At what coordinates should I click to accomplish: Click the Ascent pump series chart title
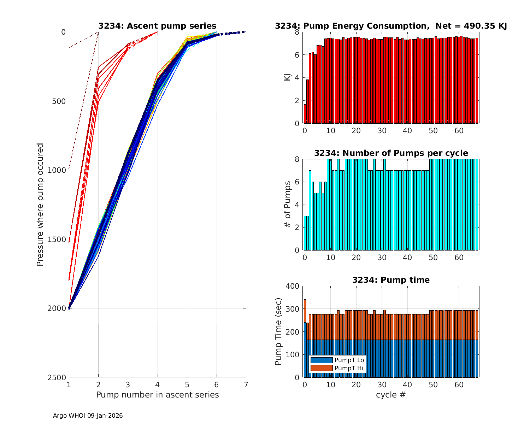157,26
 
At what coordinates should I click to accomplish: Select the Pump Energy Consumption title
391,26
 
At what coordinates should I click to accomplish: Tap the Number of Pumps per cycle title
391,153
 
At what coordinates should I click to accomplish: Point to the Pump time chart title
391,280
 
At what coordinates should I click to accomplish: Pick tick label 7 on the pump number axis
246,384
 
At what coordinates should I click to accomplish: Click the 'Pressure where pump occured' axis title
40,204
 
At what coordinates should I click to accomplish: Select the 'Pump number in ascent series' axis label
157,395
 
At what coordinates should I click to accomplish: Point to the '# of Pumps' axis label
288,204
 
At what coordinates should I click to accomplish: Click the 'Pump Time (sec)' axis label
278,331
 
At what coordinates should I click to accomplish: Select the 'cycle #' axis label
391,395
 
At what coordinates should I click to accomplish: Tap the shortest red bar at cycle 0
305,114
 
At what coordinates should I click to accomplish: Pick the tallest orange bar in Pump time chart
305,311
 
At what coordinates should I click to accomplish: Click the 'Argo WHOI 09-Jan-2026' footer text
88,416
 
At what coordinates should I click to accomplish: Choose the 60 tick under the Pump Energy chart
459,130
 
